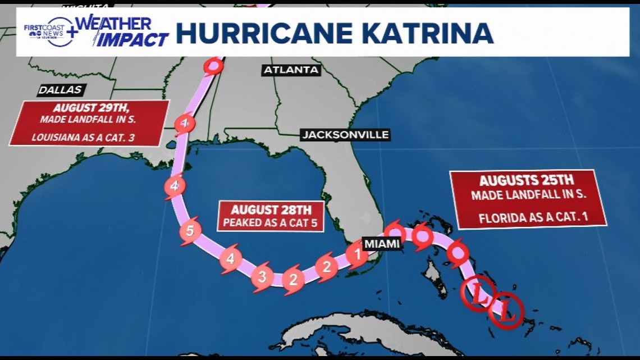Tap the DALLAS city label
point(61,90)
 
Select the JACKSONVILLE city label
point(345,135)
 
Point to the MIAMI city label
point(382,243)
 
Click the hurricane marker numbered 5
point(190,231)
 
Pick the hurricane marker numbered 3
point(262,276)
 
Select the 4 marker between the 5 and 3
point(230,258)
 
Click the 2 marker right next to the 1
point(326,267)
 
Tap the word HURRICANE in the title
point(267,34)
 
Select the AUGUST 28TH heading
point(271,210)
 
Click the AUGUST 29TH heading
point(89,108)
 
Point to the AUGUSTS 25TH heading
point(526,181)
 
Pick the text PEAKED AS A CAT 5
point(271,222)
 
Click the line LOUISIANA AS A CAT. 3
point(88,136)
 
